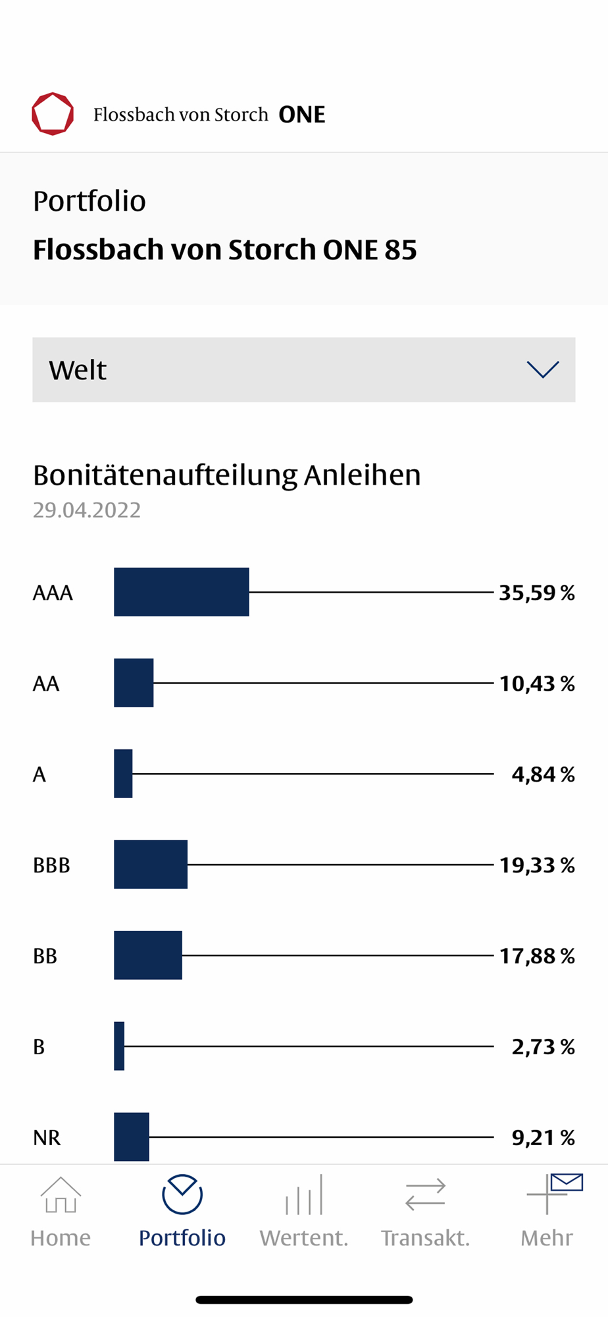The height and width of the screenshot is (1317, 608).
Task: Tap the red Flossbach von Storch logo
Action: click(53, 114)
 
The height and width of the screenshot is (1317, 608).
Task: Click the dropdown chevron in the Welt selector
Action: click(543, 369)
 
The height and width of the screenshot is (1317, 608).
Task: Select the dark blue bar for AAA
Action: click(181, 592)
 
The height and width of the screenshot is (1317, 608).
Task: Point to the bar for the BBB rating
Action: click(150, 865)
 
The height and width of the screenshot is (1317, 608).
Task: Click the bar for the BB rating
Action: click(147, 955)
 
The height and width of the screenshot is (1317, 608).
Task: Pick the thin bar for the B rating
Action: click(119, 1046)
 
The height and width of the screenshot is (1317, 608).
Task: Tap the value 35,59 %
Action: click(536, 593)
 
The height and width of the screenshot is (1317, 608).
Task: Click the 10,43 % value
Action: click(536, 684)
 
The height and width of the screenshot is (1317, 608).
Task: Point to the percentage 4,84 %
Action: click(543, 774)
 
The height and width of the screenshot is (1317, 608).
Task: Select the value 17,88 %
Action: click(536, 956)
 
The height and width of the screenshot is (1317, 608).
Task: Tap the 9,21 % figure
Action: click(543, 1138)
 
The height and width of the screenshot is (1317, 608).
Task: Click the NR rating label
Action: click(47, 1138)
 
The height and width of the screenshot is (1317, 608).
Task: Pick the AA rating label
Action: click(46, 684)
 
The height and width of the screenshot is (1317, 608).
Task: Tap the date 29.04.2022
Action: click(87, 510)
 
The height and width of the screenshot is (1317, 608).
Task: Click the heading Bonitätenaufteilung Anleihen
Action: click(226, 475)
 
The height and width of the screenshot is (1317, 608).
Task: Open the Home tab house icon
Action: click(61, 1195)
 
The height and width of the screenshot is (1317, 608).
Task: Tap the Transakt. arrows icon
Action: click(425, 1195)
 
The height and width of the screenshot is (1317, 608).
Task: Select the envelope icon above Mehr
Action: click(567, 1183)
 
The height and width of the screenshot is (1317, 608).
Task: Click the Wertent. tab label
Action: click(303, 1238)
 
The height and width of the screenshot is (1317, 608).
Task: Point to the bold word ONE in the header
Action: click(302, 115)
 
